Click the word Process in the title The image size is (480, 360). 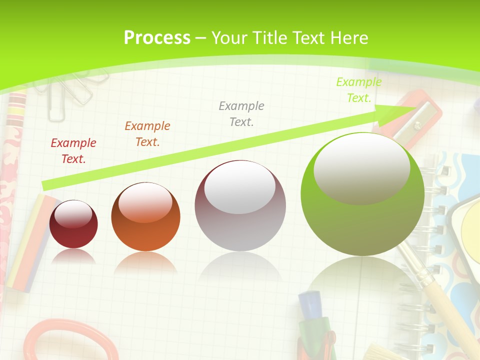tap(157, 37)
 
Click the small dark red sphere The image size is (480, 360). tap(73, 224)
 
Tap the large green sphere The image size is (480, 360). tap(362, 195)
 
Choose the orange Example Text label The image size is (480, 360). tap(147, 134)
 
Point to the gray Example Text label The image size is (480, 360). tap(241, 113)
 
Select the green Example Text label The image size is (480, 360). tap(359, 90)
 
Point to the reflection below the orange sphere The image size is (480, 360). tap(145, 262)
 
